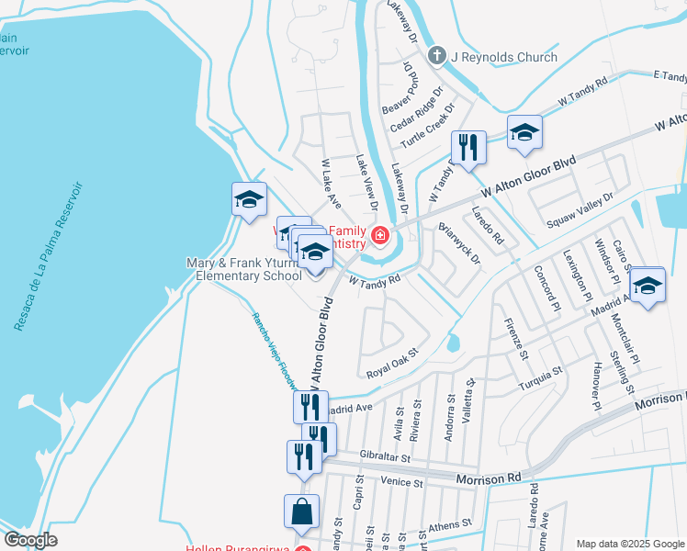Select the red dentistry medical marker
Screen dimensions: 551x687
point(379,238)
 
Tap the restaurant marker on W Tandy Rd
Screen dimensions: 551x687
point(468,147)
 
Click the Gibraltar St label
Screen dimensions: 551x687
point(384,456)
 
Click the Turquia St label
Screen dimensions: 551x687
point(539,377)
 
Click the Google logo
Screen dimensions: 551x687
point(30,540)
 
